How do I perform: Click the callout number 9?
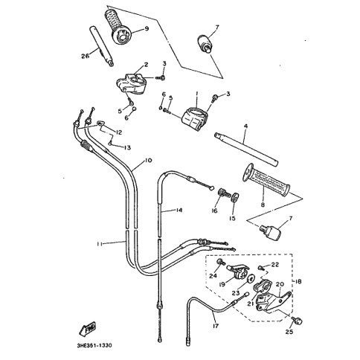tap(147, 29)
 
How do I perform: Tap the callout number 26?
tap(85, 57)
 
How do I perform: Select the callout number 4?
tap(245, 126)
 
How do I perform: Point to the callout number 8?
tap(263, 205)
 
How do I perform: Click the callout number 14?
tap(179, 210)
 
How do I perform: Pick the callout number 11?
tap(100, 244)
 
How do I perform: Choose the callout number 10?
tap(148, 161)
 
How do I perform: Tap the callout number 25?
tap(289, 332)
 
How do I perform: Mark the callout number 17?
tap(216, 326)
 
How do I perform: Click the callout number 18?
tap(298, 282)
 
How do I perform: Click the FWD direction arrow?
tap(87, 330)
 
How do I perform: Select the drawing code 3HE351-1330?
tap(94, 345)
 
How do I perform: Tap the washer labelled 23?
tap(250, 278)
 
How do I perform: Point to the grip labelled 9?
tap(117, 28)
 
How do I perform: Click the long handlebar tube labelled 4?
tap(246, 150)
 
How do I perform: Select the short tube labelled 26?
tap(102, 46)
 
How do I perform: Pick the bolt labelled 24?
tap(220, 262)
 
